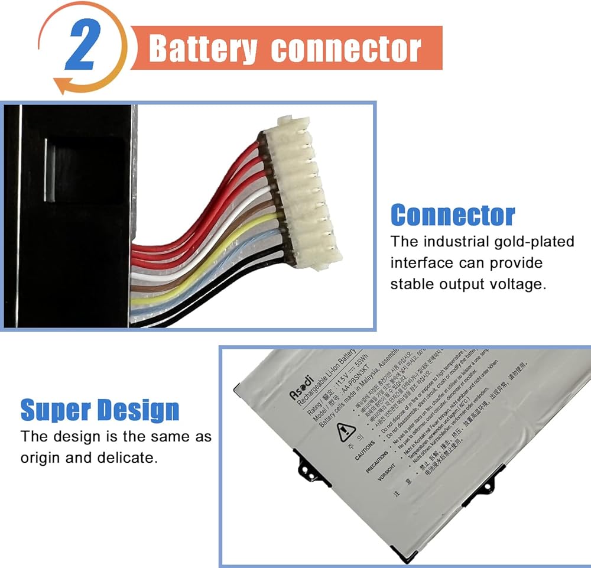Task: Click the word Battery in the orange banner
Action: [x=203, y=48]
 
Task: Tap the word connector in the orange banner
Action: [x=346, y=48]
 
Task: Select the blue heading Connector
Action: [x=453, y=215]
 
